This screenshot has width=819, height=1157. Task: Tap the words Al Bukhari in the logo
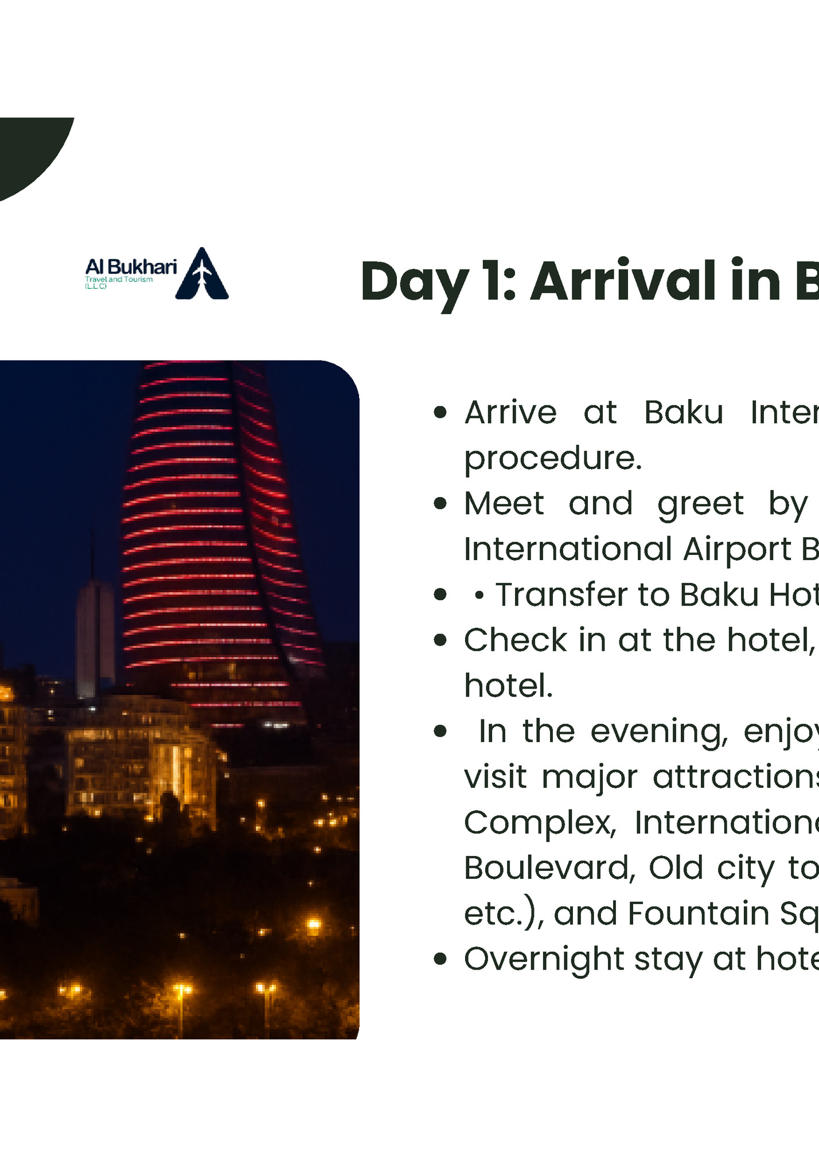(x=131, y=267)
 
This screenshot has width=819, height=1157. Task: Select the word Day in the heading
(x=414, y=283)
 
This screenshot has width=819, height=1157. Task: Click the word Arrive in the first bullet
(x=510, y=412)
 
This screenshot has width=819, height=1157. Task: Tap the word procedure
(x=552, y=458)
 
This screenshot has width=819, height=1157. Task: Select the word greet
(x=700, y=504)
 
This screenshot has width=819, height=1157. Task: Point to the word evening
(x=658, y=732)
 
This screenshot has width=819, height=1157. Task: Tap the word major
(x=589, y=777)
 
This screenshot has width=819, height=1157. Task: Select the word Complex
(x=539, y=823)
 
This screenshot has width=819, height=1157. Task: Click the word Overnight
(x=543, y=959)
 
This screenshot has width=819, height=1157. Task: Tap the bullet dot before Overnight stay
(x=440, y=959)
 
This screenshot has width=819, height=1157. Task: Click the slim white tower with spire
(x=95, y=636)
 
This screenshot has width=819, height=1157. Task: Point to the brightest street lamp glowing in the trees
(x=313, y=924)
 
